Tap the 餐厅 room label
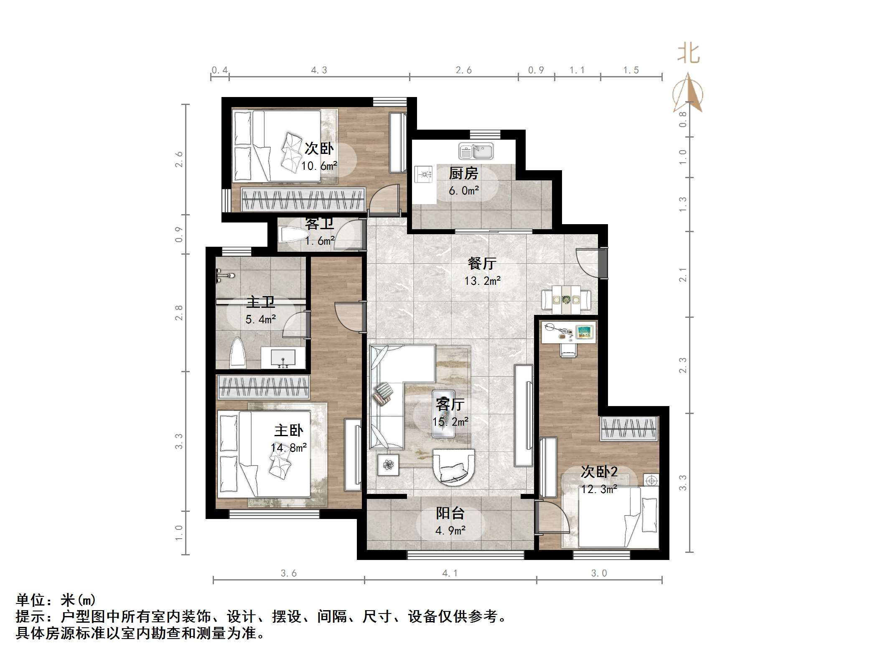click(x=482, y=263)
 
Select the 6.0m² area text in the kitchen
click(x=463, y=191)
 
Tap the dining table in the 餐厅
click(x=566, y=299)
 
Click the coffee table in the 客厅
click(x=443, y=414)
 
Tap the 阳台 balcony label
click(x=450, y=513)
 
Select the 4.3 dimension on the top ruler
click(x=319, y=70)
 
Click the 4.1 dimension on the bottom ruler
click(x=450, y=573)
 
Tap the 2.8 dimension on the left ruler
click(x=179, y=313)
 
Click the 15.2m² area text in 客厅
click(x=450, y=422)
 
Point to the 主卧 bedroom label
click(x=288, y=430)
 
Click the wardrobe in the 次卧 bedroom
click(x=303, y=199)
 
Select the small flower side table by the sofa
click(x=388, y=465)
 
